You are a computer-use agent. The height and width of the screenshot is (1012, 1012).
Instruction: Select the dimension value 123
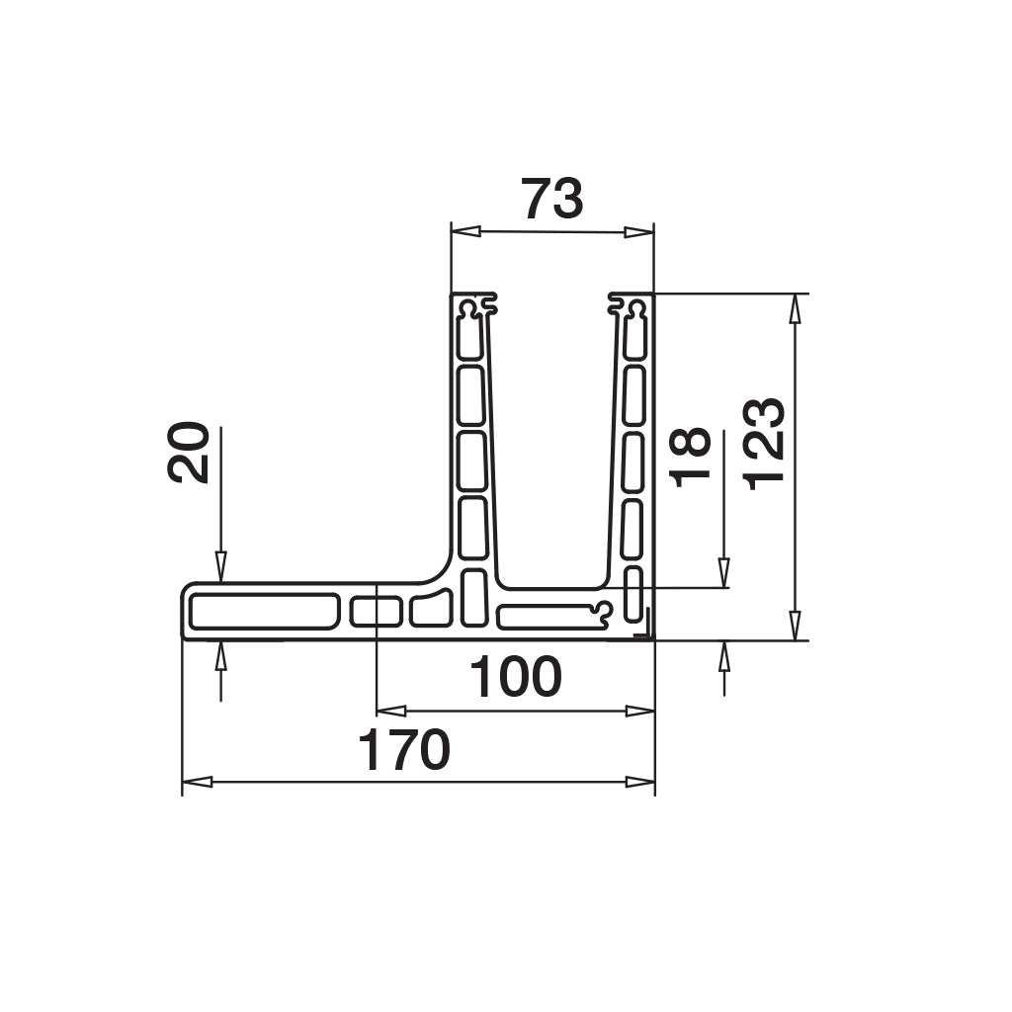click(x=764, y=444)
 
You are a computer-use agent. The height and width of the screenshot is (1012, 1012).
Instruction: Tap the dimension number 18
click(x=690, y=456)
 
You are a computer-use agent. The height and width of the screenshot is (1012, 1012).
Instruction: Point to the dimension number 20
click(x=188, y=453)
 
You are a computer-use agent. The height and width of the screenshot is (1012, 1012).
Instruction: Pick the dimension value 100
click(x=515, y=678)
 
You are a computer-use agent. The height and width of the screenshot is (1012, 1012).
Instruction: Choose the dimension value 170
click(x=403, y=751)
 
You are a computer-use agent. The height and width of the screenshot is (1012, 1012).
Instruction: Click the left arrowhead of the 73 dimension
click(x=465, y=231)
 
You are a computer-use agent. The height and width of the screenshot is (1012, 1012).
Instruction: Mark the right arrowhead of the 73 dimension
click(x=639, y=232)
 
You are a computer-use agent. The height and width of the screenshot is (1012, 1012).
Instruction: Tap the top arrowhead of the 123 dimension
click(x=795, y=308)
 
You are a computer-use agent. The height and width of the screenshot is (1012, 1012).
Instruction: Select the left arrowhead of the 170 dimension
click(x=198, y=782)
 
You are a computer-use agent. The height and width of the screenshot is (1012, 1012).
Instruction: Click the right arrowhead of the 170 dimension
click(x=640, y=782)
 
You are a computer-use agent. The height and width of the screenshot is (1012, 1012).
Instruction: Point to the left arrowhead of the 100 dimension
click(x=391, y=710)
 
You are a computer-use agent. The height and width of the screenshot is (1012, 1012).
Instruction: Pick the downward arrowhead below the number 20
click(x=220, y=566)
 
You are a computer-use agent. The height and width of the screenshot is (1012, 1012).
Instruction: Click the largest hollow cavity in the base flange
click(x=264, y=612)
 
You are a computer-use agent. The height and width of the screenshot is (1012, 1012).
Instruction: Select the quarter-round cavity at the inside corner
click(x=431, y=610)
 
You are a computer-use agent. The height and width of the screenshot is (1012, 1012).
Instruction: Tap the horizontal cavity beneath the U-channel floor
click(x=548, y=617)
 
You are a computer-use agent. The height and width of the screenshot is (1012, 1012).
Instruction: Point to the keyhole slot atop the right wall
click(x=632, y=309)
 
